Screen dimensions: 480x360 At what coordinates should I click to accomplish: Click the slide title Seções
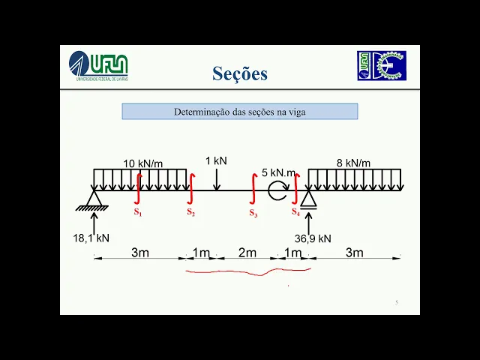tap(239, 73)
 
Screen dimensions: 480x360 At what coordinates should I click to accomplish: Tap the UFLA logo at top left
tap(98, 66)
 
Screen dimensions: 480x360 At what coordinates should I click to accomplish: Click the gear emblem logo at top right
tap(381, 66)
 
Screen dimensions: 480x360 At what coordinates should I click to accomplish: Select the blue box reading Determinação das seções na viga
tap(240, 112)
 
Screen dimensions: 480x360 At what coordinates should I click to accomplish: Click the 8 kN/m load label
tap(352, 163)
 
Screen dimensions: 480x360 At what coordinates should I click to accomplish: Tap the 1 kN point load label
tap(216, 160)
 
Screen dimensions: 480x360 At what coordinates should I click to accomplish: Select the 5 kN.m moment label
tap(279, 172)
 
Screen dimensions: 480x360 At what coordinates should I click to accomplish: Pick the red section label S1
tap(138, 212)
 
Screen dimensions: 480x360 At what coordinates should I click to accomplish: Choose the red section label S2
tap(191, 212)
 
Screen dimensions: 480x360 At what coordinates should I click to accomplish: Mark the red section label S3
tap(253, 214)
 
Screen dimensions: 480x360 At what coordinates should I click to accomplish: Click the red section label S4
tap(296, 212)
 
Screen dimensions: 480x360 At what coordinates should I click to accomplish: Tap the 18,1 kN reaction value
tap(91, 238)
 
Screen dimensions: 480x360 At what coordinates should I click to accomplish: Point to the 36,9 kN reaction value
tap(312, 238)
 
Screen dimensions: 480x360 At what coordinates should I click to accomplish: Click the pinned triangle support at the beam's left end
tap(94, 199)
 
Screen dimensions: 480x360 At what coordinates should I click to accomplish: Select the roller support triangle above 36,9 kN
tap(307, 199)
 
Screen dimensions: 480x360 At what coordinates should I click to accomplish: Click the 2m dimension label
tap(247, 253)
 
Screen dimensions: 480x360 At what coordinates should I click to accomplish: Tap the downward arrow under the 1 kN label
tap(216, 179)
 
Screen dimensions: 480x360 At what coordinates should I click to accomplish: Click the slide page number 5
tap(396, 302)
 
